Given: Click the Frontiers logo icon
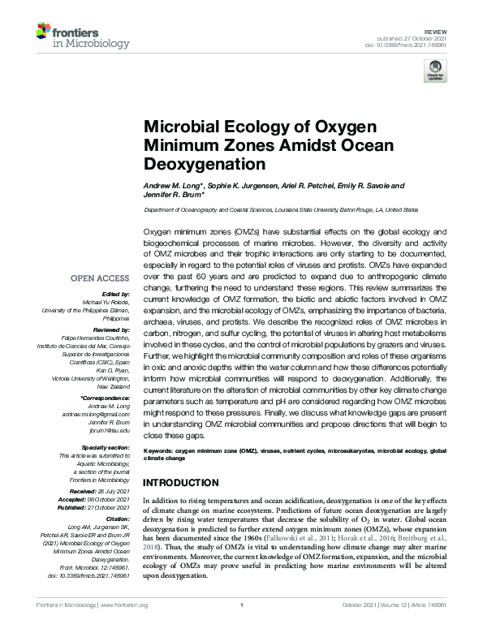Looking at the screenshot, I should pyautogui.click(x=45, y=33).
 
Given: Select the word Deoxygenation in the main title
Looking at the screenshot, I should pyautogui.click(x=205, y=164).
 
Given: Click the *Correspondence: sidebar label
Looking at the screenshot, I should pyautogui.click(x=106, y=398).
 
